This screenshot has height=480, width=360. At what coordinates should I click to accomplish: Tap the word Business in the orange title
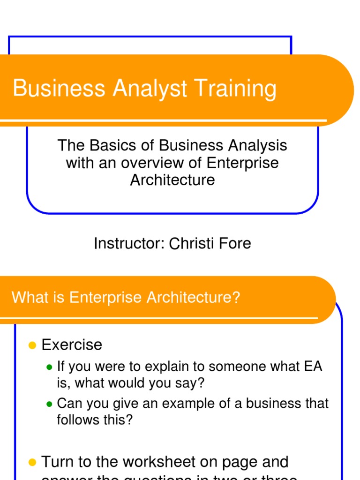59,89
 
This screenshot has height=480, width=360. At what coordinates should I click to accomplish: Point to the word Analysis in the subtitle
257,145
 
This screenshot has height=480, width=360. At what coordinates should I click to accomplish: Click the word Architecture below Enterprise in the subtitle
172,180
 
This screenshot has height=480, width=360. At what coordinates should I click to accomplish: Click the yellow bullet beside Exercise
32,345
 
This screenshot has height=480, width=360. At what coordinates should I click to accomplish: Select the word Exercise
72,345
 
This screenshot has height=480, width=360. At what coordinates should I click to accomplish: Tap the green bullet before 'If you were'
49,367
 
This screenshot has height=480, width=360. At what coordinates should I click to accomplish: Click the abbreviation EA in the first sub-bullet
313,366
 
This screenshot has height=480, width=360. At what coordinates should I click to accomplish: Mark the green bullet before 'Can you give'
49,404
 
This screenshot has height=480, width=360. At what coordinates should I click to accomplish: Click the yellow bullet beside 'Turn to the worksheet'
32,463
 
